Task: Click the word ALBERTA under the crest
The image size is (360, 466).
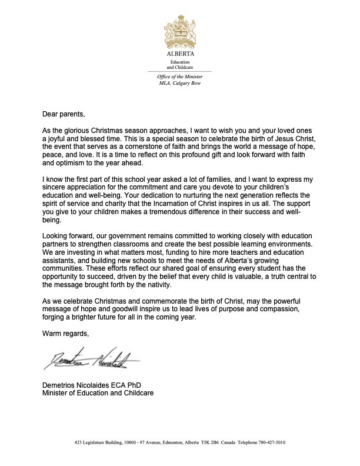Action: coord(179,53)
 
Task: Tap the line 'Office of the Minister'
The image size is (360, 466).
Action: coord(179,78)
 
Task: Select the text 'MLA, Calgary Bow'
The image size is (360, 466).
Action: coord(179,84)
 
